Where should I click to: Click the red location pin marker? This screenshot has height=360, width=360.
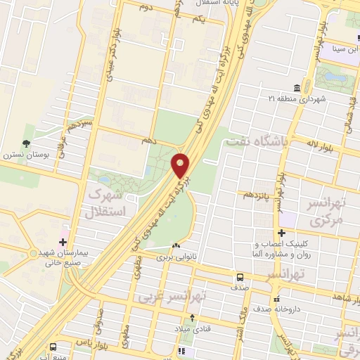coord(181,165)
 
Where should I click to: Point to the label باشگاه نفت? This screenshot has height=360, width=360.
coord(257,142)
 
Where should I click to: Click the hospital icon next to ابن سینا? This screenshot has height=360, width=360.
coord(336,50)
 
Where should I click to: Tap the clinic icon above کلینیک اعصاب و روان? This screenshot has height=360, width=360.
coord(282,233)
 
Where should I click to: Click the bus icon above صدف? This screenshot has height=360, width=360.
coord(240,277)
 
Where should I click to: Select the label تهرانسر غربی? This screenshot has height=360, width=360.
coord(164,297)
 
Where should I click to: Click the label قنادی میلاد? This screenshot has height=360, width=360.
coord(193,328)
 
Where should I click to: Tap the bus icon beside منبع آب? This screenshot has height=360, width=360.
coord(53,346)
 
